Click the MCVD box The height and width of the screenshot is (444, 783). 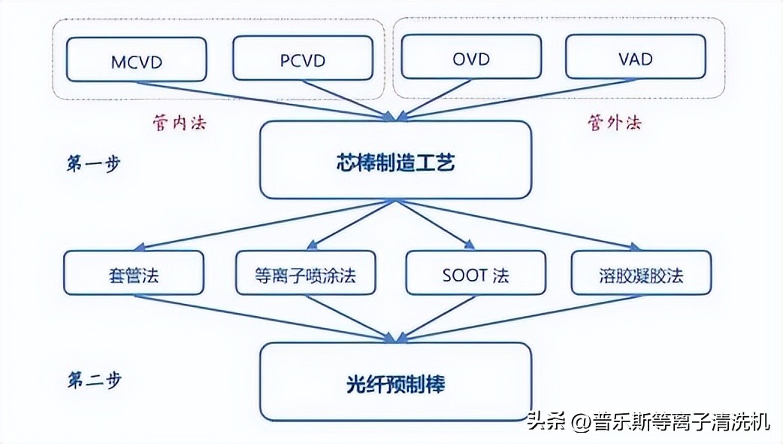[136, 59]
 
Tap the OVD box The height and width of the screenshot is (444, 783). [470, 59]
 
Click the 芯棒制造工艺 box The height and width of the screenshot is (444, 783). [395, 160]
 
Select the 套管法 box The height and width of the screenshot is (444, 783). [133, 272]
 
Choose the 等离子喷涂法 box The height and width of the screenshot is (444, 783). [305, 272]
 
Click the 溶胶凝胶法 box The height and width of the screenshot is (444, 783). [640, 272]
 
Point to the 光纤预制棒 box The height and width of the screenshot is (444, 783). [395, 382]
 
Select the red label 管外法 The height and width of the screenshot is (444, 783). [614, 122]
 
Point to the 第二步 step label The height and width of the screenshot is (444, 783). [94, 379]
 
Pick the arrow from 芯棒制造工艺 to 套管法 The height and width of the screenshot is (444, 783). [263, 224]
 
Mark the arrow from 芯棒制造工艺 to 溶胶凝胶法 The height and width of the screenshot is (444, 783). [526, 224]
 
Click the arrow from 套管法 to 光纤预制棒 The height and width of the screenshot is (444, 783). [263, 317]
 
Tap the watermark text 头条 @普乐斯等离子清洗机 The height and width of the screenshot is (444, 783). [648, 422]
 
